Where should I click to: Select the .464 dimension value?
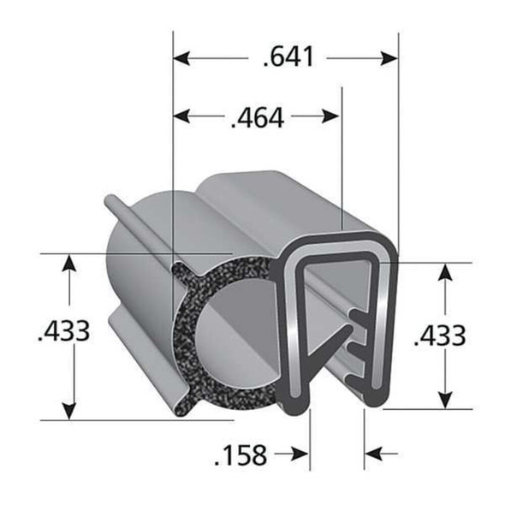point(257,118)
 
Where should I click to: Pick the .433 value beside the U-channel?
point(439,335)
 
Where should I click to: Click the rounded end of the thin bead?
point(110,201)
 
